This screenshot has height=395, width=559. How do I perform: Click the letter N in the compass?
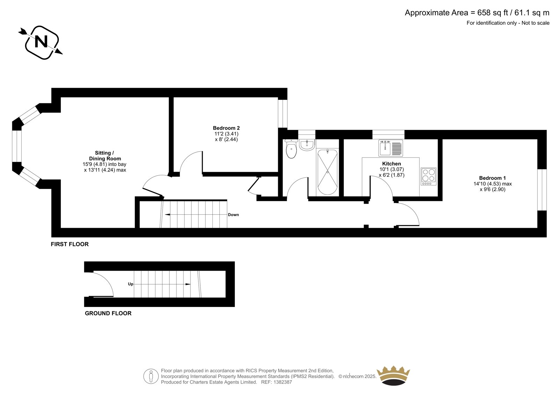click(41, 42)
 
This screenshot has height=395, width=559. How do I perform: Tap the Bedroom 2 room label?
click(226, 128)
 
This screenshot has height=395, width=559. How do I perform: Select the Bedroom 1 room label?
click(492, 178)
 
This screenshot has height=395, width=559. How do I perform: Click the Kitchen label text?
click(391, 164)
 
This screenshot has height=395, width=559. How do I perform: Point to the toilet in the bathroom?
click(291, 149)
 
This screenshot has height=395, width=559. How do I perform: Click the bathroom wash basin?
click(307, 145)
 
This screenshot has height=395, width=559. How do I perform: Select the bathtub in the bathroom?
click(327, 172)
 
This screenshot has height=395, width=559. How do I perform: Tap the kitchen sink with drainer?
click(391, 148)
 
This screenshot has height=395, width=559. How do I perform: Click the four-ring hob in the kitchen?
click(428, 176)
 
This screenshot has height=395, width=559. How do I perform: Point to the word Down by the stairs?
click(233, 214)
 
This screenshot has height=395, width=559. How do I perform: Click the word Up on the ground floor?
click(131, 284)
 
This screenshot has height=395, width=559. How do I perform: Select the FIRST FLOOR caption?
click(70, 244)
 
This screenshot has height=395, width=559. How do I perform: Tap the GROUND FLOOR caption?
click(108, 313)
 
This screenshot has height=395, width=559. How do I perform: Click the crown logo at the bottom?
click(393, 375)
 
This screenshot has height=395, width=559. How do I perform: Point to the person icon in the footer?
click(151, 376)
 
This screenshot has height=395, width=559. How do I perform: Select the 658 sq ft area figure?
click(493, 13)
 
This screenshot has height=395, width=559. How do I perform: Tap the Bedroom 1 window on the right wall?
click(542, 190)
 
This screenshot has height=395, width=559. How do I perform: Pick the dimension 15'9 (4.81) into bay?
click(104, 164)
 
